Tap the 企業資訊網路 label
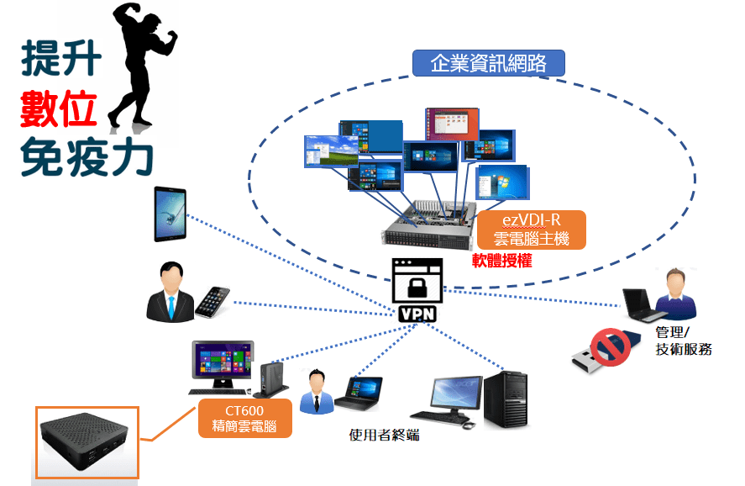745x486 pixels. [x=489, y=63]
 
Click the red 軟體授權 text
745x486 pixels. [x=502, y=261]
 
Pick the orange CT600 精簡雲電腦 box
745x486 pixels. [x=245, y=417]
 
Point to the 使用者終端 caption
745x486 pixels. [x=384, y=435]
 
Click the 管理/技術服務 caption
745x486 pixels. [x=684, y=341]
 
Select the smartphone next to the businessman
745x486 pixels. [x=212, y=302]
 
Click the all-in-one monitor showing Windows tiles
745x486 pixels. [x=223, y=362]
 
